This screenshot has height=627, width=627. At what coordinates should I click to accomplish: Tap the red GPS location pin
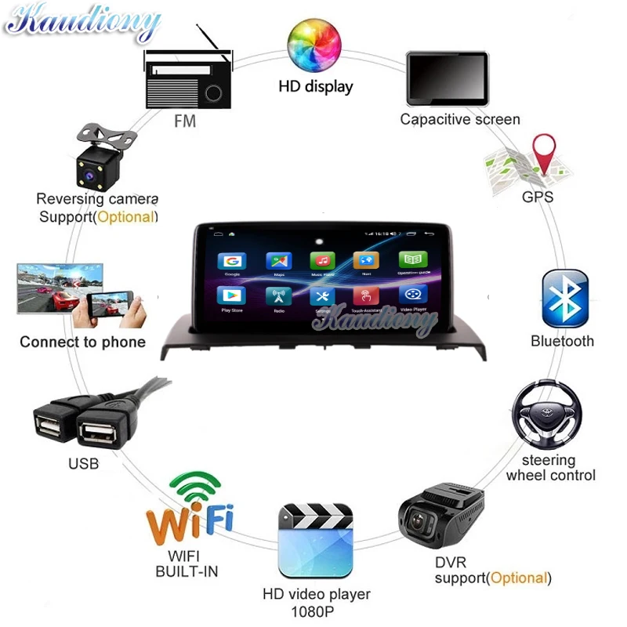(543, 153)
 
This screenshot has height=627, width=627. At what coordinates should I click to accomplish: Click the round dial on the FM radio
(212, 93)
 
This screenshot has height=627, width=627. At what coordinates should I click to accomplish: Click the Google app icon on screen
(232, 262)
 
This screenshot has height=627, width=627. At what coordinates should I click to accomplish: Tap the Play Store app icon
(232, 295)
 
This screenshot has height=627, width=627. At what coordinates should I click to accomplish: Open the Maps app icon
(278, 262)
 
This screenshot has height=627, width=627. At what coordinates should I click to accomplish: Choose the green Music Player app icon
(322, 261)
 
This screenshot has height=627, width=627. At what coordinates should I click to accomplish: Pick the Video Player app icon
(413, 295)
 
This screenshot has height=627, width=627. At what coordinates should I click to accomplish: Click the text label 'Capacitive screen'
(459, 120)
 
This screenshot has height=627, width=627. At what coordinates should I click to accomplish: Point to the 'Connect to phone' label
(82, 342)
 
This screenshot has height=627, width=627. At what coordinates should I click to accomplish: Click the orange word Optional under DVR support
(516, 578)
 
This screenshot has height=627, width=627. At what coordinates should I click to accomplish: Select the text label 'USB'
(83, 464)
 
